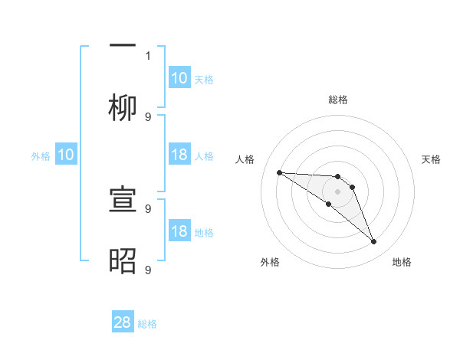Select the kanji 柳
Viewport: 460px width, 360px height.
pyautogui.click(x=123, y=108)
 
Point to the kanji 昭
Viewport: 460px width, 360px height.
pyautogui.click(x=123, y=261)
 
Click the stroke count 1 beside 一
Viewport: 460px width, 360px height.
pyautogui.click(x=148, y=55)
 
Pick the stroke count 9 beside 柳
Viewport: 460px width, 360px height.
pyautogui.click(x=148, y=116)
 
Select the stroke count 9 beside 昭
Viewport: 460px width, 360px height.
pyautogui.click(x=148, y=270)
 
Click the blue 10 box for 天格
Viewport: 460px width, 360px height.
pyautogui.click(x=179, y=78)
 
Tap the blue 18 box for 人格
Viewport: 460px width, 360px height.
pyautogui.click(x=179, y=155)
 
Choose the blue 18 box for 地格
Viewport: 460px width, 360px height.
pyautogui.click(x=179, y=231)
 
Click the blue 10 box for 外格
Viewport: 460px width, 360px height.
pyautogui.click(x=66, y=155)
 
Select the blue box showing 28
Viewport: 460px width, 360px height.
pyautogui.click(x=123, y=322)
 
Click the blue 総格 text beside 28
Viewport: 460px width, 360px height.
pyautogui.click(x=147, y=324)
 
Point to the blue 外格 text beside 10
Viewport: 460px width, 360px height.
pyautogui.click(x=41, y=156)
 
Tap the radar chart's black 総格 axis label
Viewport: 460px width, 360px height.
pyautogui.click(x=338, y=100)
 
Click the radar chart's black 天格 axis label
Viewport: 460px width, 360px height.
pyautogui.click(x=432, y=159)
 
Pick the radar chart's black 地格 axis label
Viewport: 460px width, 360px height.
pyautogui.click(x=402, y=262)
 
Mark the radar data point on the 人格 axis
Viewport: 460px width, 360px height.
pyautogui.click(x=279, y=172)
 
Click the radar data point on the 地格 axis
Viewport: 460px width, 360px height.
pyautogui.click(x=373, y=242)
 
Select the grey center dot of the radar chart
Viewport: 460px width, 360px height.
pyautogui.click(x=337, y=191)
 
